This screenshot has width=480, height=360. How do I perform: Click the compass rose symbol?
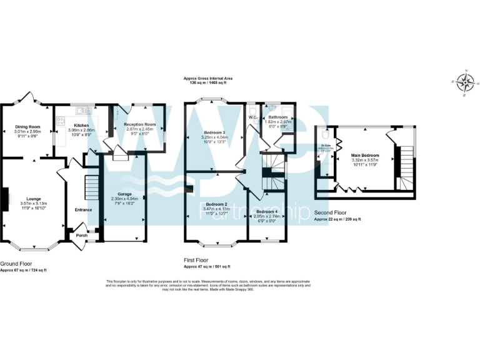[464, 82]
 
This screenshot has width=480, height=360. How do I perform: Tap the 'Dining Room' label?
[27, 127]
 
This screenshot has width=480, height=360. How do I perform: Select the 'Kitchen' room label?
[73, 125]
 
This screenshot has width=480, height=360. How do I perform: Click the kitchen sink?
[81, 111]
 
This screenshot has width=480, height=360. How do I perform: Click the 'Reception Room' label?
[140, 124]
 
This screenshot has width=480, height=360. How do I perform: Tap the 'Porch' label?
[82, 236]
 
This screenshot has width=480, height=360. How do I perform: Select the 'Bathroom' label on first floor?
[278, 117]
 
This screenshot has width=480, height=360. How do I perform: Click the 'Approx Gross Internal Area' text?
[208, 78]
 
